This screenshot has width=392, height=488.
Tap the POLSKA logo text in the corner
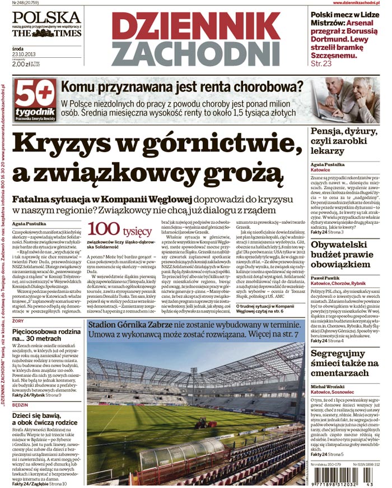(46, 17)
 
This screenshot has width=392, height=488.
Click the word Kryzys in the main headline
(67, 144)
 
